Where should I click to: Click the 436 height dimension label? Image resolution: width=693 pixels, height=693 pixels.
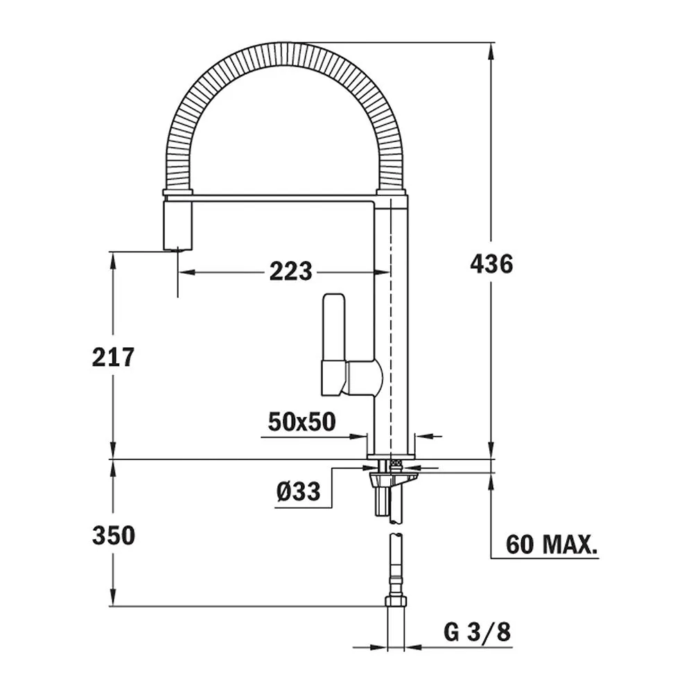[491, 264]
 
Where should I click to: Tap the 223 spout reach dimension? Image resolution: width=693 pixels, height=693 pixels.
[291, 272]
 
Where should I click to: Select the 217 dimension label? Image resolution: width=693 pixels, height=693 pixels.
[113, 357]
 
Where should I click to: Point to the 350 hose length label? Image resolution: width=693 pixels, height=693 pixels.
[114, 535]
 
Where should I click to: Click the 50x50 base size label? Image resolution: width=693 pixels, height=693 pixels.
[302, 421]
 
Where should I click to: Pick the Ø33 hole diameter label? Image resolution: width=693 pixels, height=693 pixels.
[298, 491]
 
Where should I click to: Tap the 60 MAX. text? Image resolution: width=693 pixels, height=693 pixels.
[552, 544]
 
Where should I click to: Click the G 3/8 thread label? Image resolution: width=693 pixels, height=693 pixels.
[477, 631]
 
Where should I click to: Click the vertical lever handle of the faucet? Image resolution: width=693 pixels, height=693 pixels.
[334, 327]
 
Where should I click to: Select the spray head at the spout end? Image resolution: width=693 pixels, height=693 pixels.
[179, 225]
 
